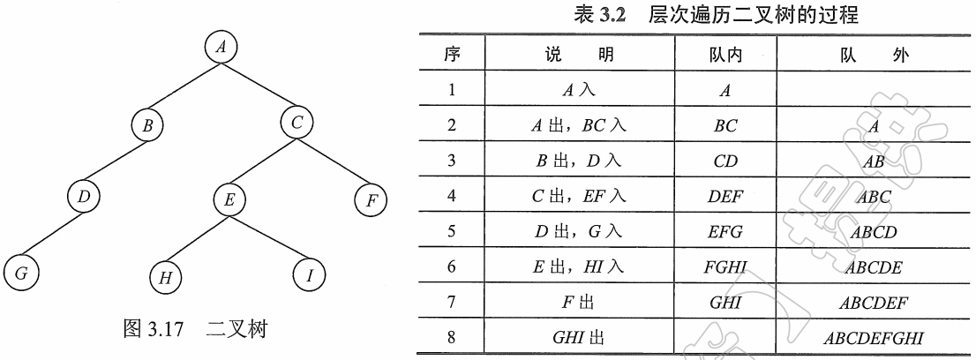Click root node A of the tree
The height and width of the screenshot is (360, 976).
click(x=221, y=48)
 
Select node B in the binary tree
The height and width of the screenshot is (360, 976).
click(x=148, y=125)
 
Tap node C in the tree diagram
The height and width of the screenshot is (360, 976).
click(x=296, y=124)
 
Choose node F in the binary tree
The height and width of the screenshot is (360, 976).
click(x=372, y=200)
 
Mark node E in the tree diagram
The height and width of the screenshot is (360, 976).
click(x=229, y=200)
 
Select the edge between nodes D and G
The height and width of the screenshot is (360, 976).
click(x=53, y=237)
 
